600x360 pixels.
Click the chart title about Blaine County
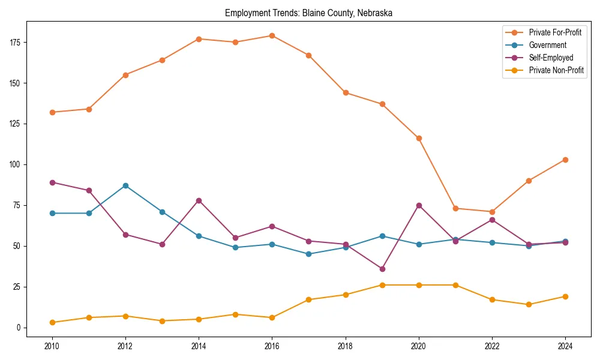(308, 13)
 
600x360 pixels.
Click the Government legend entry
(547, 45)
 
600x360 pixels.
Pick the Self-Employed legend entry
(551, 58)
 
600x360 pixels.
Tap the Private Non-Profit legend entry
(556, 71)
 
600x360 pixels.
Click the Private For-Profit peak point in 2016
(272, 35)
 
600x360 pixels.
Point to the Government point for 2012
(125, 185)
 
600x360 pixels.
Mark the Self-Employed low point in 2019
(382, 269)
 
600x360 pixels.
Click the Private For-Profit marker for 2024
(565, 160)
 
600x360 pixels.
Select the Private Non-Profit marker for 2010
(52, 322)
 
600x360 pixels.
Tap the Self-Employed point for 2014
(199, 200)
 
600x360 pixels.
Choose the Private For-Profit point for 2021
(455, 208)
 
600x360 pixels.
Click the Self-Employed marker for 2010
(52, 182)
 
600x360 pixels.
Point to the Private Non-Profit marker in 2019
(382, 285)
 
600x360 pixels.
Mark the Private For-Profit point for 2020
(419, 138)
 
